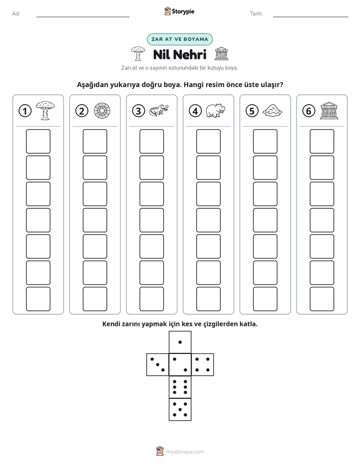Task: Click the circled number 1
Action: pos(25,111)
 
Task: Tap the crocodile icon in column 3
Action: pos(159,110)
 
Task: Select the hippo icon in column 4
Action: pos(216,110)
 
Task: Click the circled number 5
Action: pos(252,111)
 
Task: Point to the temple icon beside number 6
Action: pos(329,110)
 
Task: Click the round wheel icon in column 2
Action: pos(102,110)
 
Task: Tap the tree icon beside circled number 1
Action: pos(45,110)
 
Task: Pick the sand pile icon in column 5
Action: pos(272,110)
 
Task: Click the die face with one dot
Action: pos(180,342)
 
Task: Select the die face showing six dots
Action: pos(180,387)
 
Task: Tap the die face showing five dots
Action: pos(180,410)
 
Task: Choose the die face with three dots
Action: pos(158,365)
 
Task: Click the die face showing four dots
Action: pos(203,365)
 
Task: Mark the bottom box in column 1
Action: pos(38,299)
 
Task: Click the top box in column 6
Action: pos(322,141)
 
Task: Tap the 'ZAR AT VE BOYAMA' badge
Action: pos(179,39)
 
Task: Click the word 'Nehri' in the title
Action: pos(190,54)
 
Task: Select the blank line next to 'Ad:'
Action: pos(83,17)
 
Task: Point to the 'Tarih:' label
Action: pos(256,14)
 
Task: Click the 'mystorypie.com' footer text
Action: pos(185,452)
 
